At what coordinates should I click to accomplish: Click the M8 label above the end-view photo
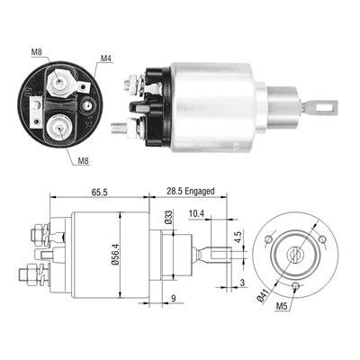[36, 51]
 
